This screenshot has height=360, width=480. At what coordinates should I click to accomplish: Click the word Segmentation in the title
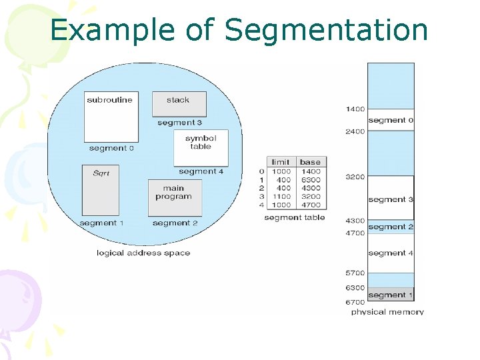[326, 31]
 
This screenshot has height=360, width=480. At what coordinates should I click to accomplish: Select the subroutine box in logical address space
[111, 116]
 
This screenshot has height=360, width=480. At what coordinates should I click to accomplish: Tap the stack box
[179, 104]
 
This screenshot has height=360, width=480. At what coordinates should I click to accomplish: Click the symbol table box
[201, 147]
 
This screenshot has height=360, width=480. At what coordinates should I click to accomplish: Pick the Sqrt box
[101, 189]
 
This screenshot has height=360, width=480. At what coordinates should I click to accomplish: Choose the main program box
[174, 197]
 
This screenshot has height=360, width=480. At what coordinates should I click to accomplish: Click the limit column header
[281, 162]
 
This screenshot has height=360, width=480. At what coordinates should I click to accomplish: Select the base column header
[310, 162]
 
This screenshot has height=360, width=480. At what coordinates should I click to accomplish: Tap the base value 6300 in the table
[310, 180]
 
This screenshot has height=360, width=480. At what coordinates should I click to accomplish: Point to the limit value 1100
[281, 197]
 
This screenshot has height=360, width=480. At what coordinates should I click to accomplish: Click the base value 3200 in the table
[310, 197]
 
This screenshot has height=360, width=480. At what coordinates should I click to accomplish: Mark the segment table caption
[295, 217]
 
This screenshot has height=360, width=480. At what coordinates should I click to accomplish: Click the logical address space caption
[143, 253]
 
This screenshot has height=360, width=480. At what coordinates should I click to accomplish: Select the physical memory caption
[387, 311]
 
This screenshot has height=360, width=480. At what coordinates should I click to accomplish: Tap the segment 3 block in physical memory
[391, 198]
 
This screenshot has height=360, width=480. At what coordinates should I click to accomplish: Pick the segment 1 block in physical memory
[391, 295]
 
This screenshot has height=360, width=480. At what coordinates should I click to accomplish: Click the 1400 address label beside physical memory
[355, 109]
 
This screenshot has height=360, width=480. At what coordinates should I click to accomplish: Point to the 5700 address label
[355, 273]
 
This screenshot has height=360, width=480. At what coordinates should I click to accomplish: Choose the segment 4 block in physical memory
[391, 253]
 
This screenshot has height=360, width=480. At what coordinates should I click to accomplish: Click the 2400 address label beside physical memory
[355, 131]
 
